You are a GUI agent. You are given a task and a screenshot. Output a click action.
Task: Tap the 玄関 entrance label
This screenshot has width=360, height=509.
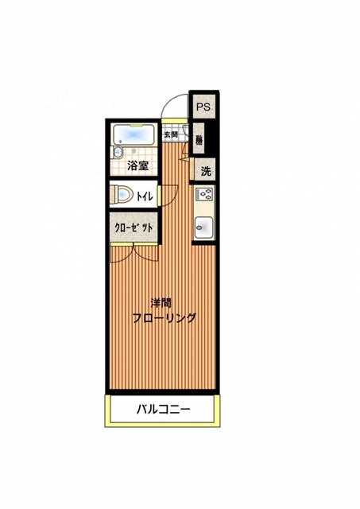click(171, 134)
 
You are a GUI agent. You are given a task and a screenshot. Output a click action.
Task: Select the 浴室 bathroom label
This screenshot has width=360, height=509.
click(138, 166)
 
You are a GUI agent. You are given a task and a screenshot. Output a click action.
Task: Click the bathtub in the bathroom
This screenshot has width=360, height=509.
click(137, 134)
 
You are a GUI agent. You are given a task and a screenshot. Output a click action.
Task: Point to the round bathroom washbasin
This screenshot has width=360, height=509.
click(118, 152)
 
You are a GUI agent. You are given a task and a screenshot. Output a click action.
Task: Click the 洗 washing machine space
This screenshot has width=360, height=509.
click(205, 170)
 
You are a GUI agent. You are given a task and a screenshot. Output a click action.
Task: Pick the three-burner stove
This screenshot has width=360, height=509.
click(204, 195)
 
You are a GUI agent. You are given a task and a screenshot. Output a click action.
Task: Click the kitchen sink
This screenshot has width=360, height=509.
click(204, 226)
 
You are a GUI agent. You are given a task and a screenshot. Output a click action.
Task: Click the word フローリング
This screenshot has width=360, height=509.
click(165, 317)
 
